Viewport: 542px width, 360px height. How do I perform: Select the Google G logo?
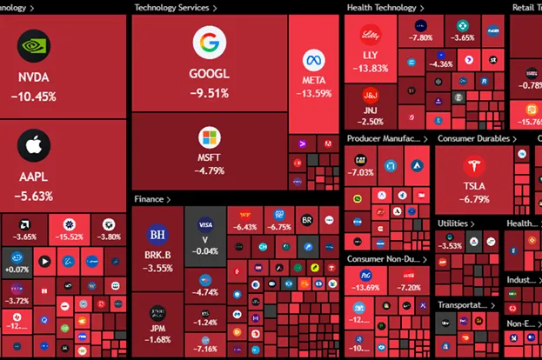pos(209,42)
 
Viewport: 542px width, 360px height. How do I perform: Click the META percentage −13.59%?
pos(315,94)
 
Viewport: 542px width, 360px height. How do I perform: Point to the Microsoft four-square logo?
pos(210,137)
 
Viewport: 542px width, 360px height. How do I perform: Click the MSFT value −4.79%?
pos(210,170)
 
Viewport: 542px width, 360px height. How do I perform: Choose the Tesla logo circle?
pos(474,165)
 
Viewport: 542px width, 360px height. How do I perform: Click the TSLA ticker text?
pos(475,186)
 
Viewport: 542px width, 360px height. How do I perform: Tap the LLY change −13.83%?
pos(370,68)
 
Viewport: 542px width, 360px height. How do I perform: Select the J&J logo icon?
pos(370,97)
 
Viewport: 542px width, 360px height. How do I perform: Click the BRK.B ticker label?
pos(157,256)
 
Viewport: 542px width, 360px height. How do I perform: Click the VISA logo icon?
pos(205,223)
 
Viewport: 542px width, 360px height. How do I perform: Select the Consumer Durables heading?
pos(474,138)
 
